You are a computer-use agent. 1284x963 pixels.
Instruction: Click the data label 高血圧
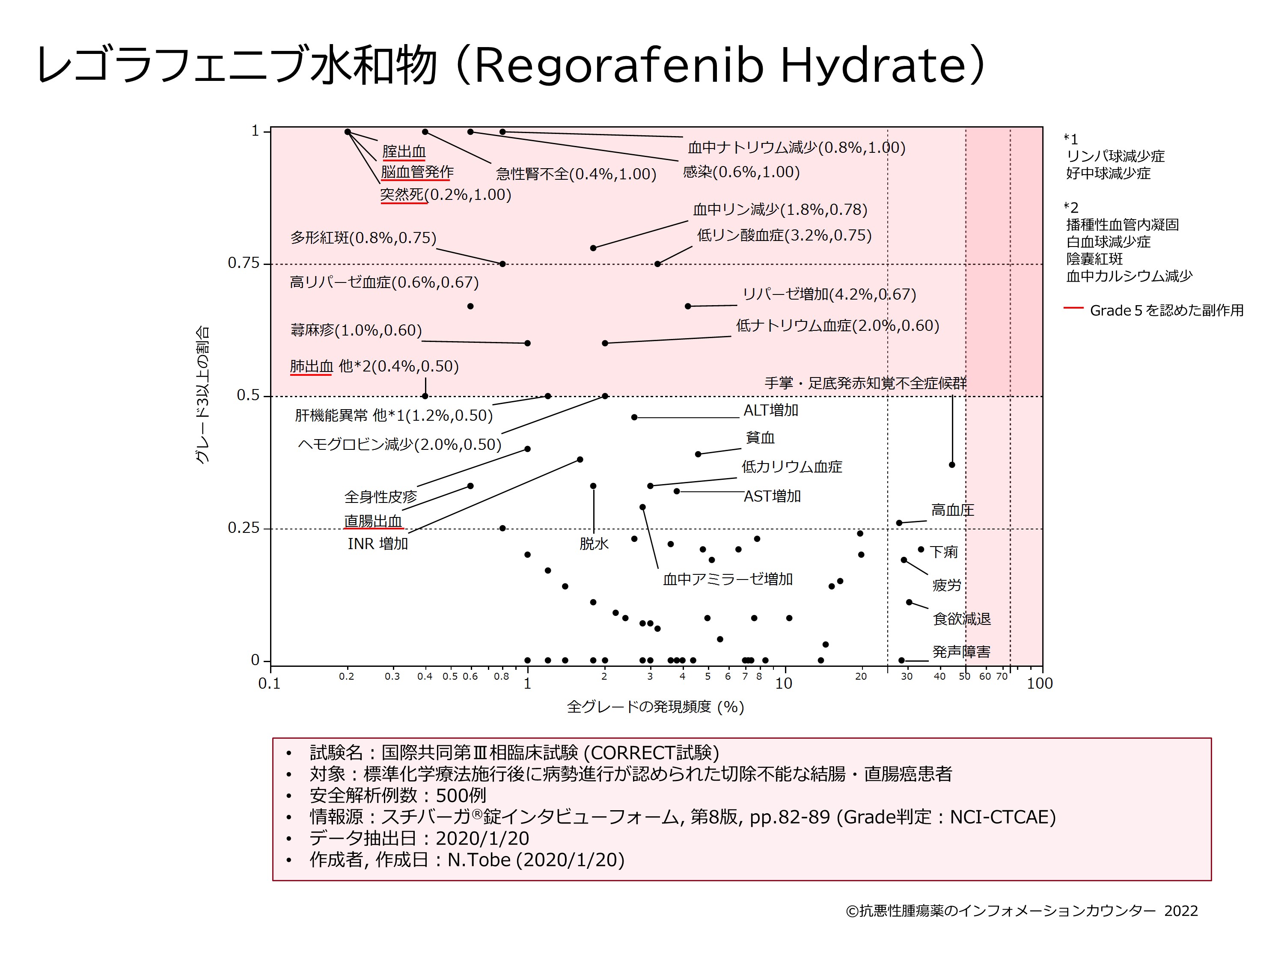[953, 510]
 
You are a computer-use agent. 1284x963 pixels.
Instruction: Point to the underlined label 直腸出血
[373, 521]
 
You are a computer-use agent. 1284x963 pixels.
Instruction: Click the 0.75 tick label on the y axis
[243, 264]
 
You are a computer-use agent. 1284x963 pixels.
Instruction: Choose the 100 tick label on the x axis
[1039, 684]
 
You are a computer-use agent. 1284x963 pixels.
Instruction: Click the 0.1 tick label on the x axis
[269, 684]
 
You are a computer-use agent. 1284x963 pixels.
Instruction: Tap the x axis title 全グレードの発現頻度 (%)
[655, 707]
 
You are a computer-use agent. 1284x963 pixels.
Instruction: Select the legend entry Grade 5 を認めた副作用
[1166, 311]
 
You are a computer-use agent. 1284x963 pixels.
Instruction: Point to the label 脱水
[594, 544]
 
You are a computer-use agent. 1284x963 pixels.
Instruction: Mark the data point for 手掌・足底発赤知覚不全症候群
[952, 465]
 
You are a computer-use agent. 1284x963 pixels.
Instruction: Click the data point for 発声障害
[901, 660]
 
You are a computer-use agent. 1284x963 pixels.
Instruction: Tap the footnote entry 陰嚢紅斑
[1094, 259]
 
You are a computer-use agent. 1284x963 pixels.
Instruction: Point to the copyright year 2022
[1181, 911]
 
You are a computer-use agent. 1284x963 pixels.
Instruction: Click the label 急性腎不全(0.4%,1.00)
[576, 174]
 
